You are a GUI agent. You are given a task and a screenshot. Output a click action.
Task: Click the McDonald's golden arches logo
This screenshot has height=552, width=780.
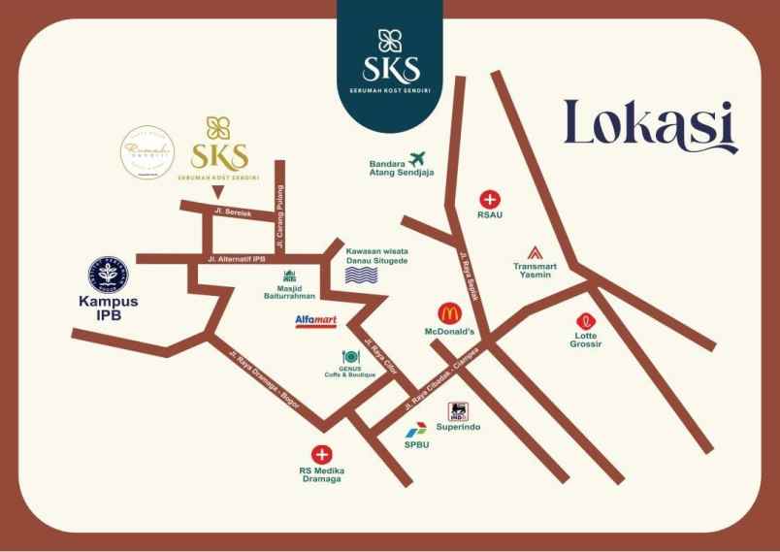coord(448,313)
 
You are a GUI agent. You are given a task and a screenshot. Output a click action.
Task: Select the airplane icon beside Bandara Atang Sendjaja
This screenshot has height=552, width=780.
coord(418,158)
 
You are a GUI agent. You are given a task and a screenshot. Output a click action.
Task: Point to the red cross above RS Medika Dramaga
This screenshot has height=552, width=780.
coord(321,454)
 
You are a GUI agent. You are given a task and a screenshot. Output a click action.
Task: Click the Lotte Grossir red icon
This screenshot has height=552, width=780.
coord(586,321)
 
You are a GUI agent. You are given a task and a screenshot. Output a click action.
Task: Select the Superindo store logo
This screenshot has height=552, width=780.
coord(457,411)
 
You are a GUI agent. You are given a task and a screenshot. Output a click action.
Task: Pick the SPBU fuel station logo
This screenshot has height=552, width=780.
coord(416,431)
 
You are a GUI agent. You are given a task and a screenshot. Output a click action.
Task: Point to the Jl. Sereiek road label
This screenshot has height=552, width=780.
coord(233,211)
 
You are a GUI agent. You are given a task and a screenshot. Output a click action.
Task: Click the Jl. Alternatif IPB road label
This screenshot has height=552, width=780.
coord(238,259)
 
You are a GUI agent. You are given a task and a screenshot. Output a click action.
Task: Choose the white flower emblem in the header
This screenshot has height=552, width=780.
coord(392,41)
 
